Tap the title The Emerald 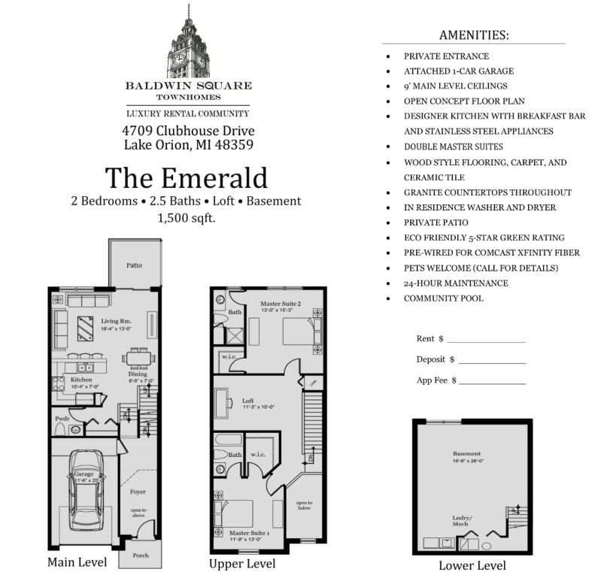186,178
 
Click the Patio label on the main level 133,265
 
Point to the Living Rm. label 116,321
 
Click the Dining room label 137,374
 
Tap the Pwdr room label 62,419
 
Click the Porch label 140,555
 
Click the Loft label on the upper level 248,401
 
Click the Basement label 466,454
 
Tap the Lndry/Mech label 461,519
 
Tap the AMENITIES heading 473,35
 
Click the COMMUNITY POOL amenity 443,298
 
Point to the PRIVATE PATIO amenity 436,222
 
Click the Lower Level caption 472,565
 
